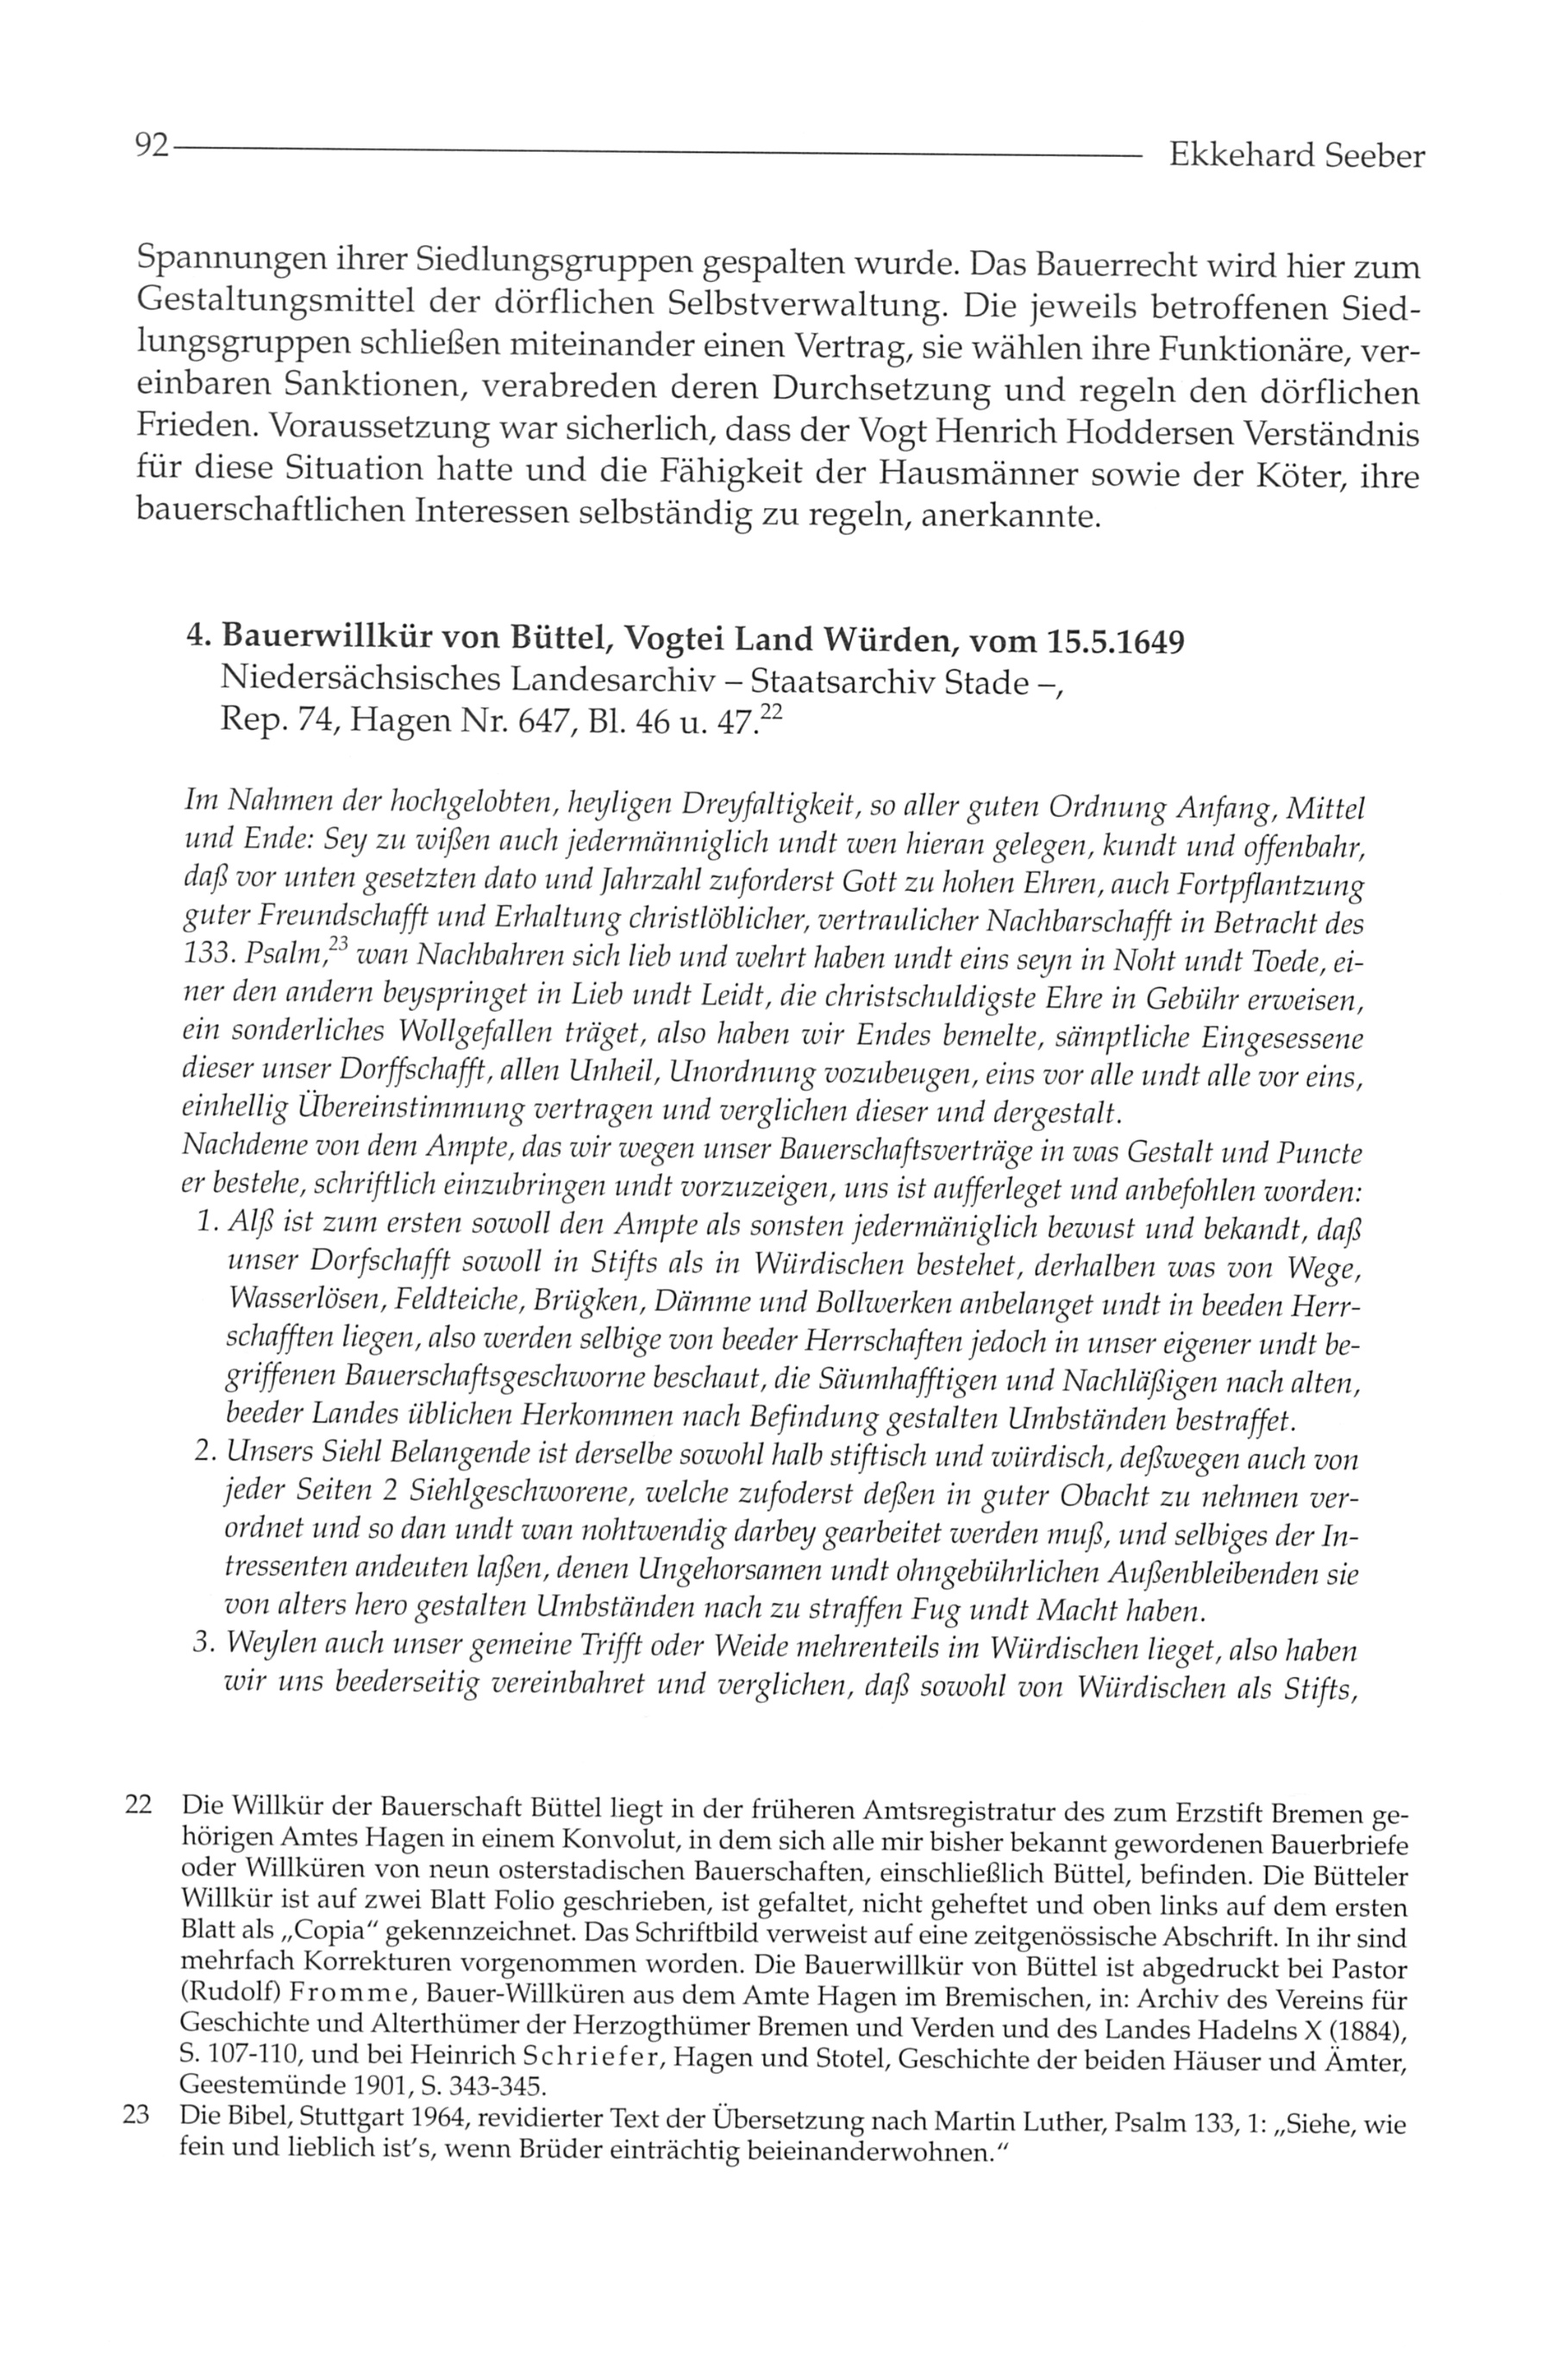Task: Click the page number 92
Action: [x=151, y=148]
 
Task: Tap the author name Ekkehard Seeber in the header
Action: [x=1295, y=155]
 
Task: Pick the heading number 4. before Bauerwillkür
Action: [x=199, y=639]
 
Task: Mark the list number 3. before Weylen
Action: [x=206, y=1648]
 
